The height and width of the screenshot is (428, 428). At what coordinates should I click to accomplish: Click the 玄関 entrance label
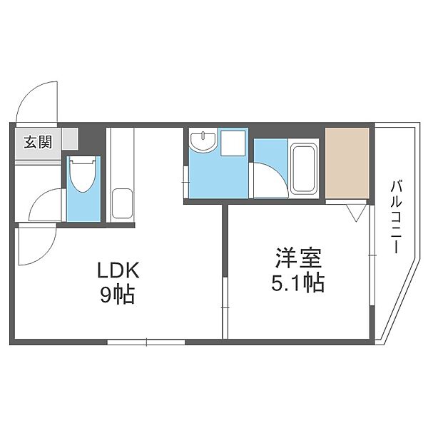(38, 142)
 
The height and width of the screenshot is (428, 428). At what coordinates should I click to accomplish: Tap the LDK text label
(118, 270)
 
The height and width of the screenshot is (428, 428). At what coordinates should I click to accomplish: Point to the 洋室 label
(298, 258)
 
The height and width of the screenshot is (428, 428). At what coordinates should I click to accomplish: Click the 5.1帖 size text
(297, 283)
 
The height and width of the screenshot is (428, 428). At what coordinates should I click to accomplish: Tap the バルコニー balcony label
(395, 217)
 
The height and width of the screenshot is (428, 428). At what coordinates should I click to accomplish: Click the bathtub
(304, 168)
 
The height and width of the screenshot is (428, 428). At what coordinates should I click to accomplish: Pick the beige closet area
(347, 163)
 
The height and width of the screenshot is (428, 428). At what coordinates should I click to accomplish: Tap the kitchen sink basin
(122, 203)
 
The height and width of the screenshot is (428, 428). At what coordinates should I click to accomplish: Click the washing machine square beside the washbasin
(233, 143)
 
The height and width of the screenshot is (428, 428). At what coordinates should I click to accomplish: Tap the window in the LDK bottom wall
(146, 342)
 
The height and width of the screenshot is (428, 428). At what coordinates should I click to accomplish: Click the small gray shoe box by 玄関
(70, 138)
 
